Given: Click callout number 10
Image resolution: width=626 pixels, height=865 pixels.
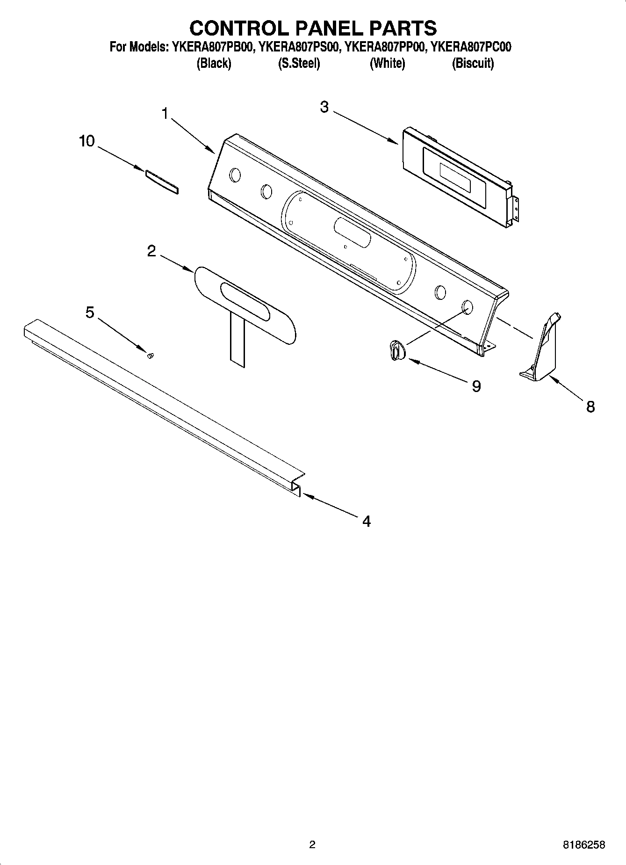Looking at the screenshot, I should pyautogui.click(x=87, y=141).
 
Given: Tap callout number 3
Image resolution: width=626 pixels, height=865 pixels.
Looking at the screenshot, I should pyautogui.click(x=324, y=107).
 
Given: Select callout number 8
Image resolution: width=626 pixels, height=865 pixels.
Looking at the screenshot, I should pyautogui.click(x=590, y=407).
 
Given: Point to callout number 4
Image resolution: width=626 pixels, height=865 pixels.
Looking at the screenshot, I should pyautogui.click(x=367, y=521).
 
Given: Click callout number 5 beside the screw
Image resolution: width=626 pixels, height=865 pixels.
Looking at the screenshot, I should pyautogui.click(x=90, y=312).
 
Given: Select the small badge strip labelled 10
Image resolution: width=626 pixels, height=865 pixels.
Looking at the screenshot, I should pyautogui.click(x=162, y=182).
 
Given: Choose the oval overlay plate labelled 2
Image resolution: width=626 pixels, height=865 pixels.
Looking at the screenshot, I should pyautogui.click(x=245, y=306).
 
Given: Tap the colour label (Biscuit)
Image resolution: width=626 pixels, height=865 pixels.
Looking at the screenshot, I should pyautogui.click(x=473, y=63).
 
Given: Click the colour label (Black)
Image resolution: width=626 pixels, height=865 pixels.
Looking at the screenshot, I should pyautogui.click(x=214, y=63).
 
